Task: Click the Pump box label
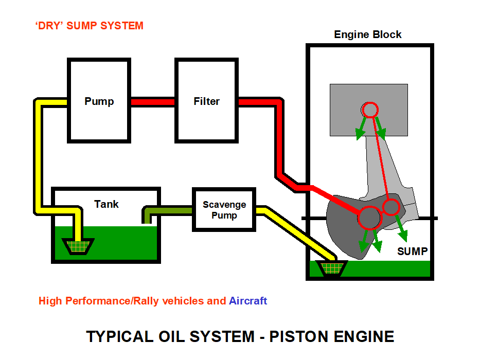pyautogui.click(x=99, y=101)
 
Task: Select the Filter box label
pyautogui.click(x=206, y=101)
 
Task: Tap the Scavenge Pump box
pyautogui.click(x=224, y=210)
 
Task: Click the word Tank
pyautogui.click(x=106, y=204)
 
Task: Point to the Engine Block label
pyautogui.click(x=367, y=35)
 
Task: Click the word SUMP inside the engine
pyautogui.click(x=412, y=251)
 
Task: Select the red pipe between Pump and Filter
pyautogui.click(x=152, y=102)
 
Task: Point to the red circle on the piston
pyautogui.click(x=370, y=109)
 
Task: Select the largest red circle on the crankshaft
pyautogui.click(x=369, y=218)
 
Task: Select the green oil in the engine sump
pyautogui.click(x=391, y=269)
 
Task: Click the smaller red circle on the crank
pyautogui.click(x=392, y=207)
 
